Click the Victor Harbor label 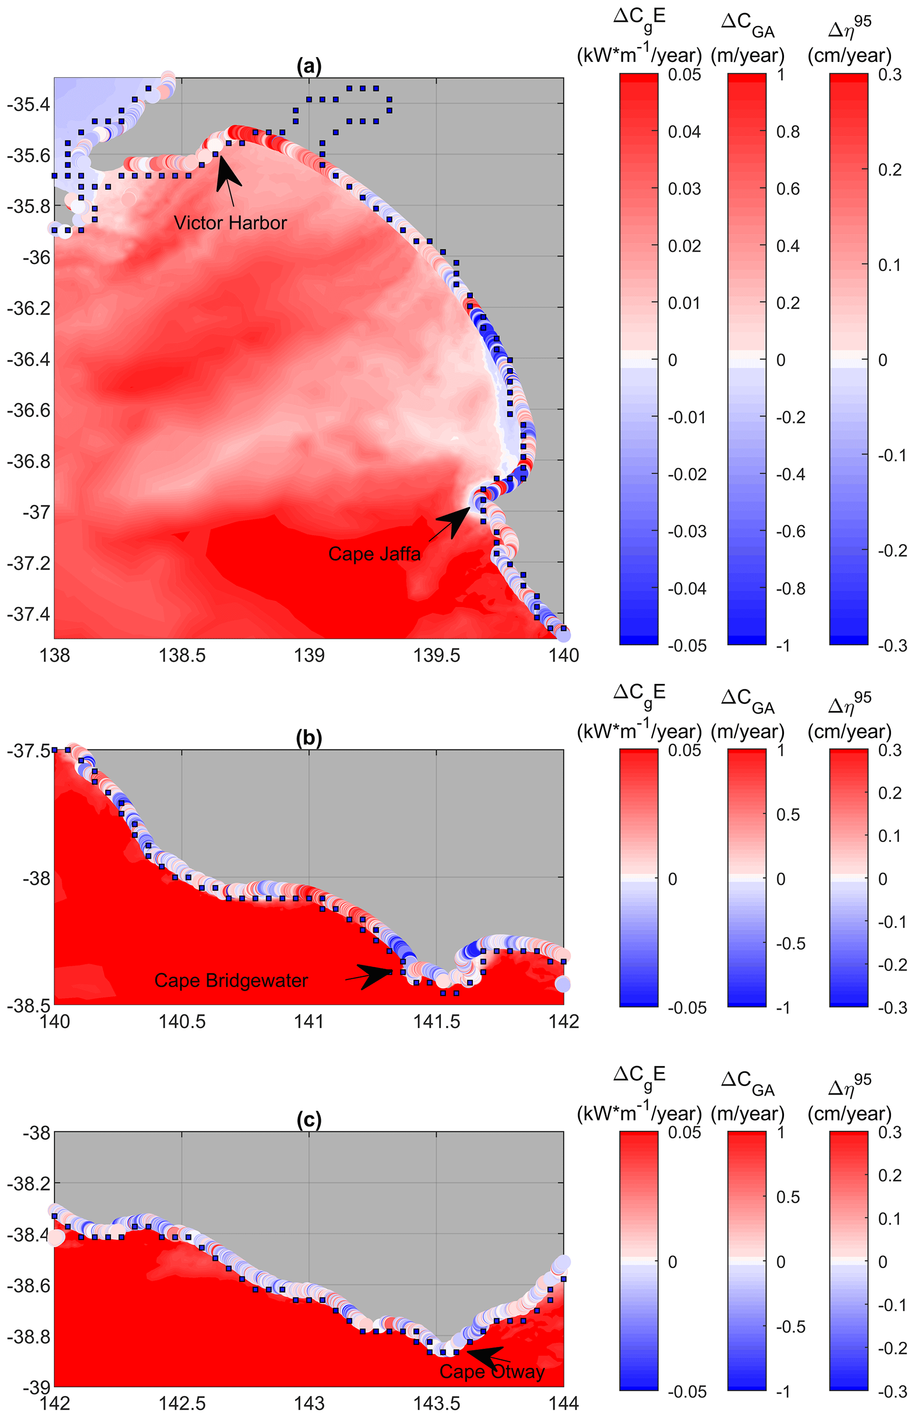point(230,223)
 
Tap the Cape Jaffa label point(374,554)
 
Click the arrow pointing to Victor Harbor point(227,175)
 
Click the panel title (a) point(309,66)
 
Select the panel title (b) point(309,738)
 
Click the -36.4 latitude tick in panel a point(28,359)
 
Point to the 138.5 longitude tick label point(182,655)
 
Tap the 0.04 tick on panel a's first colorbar point(684,132)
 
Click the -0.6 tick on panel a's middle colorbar point(791,532)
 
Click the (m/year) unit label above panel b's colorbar point(747,732)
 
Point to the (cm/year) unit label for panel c point(849,1114)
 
